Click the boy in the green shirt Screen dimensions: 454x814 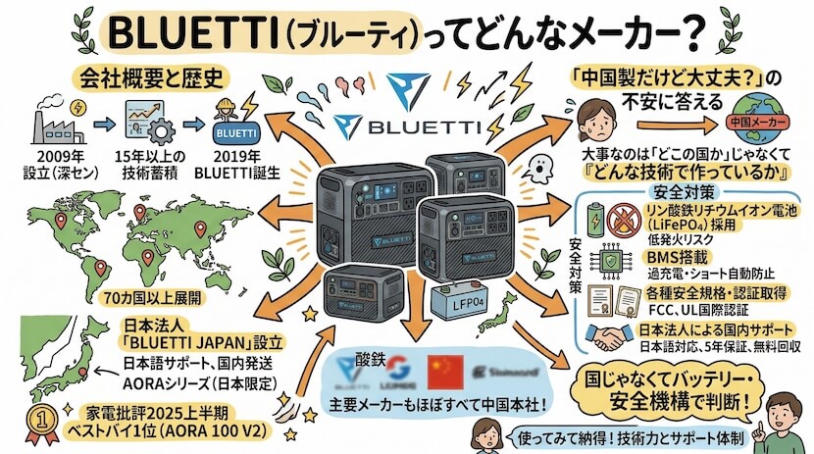tap(782, 417)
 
